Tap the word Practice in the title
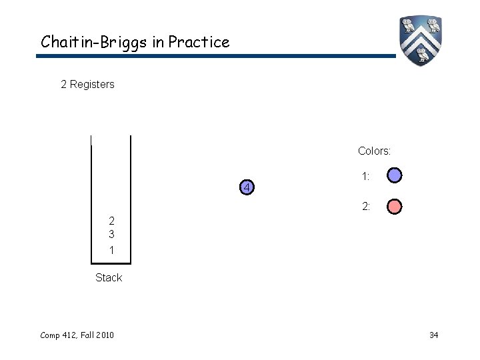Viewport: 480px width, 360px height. point(199,42)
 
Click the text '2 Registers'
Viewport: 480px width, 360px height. point(87,85)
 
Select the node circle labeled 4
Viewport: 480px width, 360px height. point(247,188)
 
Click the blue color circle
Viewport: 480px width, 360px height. point(395,176)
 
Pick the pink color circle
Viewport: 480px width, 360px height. point(395,207)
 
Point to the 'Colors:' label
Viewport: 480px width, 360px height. point(374,151)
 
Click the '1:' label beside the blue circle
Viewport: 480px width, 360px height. point(366,177)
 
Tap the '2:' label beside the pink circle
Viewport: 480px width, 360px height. point(366,207)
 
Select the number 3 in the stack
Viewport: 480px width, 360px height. point(111,235)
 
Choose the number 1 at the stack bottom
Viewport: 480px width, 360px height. point(111,250)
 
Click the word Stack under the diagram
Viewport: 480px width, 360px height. point(109,277)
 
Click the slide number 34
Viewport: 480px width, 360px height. point(433,334)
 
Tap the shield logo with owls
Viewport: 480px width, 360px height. point(421,40)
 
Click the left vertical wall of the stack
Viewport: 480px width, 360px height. point(91,200)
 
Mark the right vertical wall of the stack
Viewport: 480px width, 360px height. point(131,200)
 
